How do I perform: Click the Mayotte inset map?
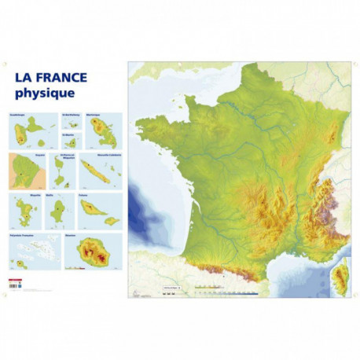point(28,211)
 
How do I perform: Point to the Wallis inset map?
point(60,211)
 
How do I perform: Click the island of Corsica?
point(340,278)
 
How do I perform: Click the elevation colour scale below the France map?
point(225,290)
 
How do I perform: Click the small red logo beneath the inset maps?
point(14,280)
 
